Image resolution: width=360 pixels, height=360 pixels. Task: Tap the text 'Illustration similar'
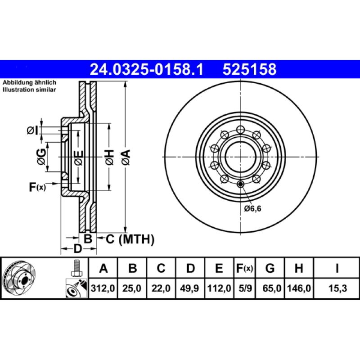[29, 90]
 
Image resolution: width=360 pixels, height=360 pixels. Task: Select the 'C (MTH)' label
[130, 239]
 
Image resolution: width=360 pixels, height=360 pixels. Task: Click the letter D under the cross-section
[77, 249]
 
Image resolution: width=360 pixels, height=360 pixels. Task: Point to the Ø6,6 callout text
[253, 208]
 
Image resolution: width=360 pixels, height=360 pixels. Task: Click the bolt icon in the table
[76, 268]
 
